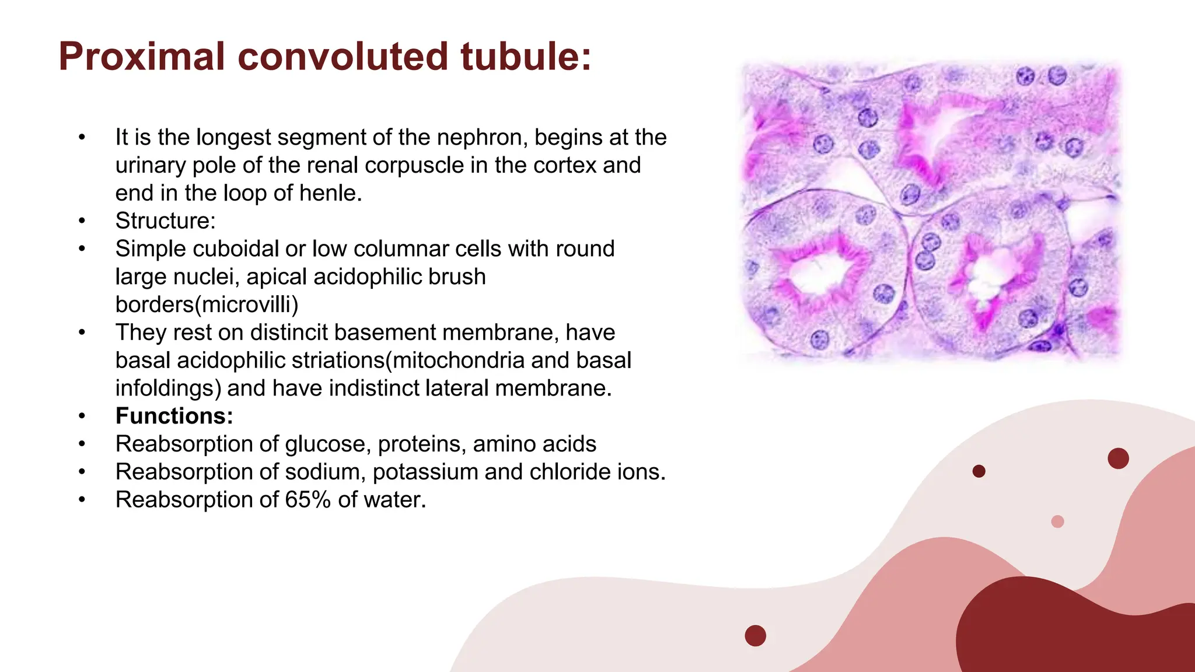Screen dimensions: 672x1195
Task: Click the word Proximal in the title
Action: pos(142,57)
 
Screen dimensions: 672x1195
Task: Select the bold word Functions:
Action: pos(174,416)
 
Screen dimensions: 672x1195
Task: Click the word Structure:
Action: pos(165,221)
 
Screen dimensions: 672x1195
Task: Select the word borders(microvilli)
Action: pos(207,304)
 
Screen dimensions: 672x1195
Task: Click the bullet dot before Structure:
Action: pos(82,221)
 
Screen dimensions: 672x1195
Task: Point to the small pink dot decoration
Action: pos(1057,521)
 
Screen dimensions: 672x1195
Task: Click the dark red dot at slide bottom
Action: pos(755,635)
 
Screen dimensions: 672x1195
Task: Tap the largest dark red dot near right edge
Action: pos(1118,459)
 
